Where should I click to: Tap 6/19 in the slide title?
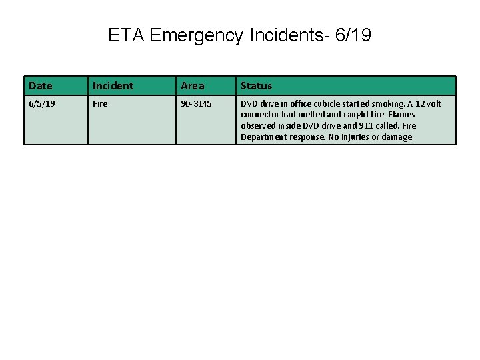click(x=353, y=35)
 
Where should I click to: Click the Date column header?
click(x=40, y=85)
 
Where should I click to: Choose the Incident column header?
click(x=113, y=85)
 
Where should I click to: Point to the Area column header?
click(x=193, y=85)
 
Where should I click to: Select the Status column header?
click(x=256, y=85)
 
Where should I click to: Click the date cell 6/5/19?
click(x=42, y=104)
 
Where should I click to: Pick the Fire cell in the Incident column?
click(x=100, y=104)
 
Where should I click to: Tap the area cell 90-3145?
click(x=196, y=104)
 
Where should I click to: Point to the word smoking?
click(x=388, y=104)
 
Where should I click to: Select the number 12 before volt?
click(x=419, y=104)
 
